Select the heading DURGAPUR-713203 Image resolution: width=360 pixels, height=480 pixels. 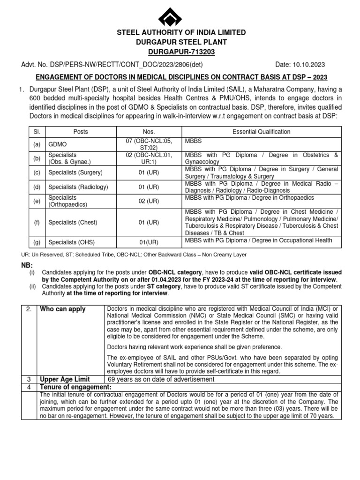coord(181,51)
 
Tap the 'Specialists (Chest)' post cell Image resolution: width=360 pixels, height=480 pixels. coord(73,222)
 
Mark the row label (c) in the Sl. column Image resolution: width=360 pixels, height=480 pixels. coord(37,172)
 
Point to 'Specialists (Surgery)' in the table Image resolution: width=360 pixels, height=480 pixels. coord(75,172)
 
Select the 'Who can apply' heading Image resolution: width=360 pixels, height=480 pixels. coord(59,309)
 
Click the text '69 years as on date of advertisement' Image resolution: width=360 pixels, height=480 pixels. coord(161,379)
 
